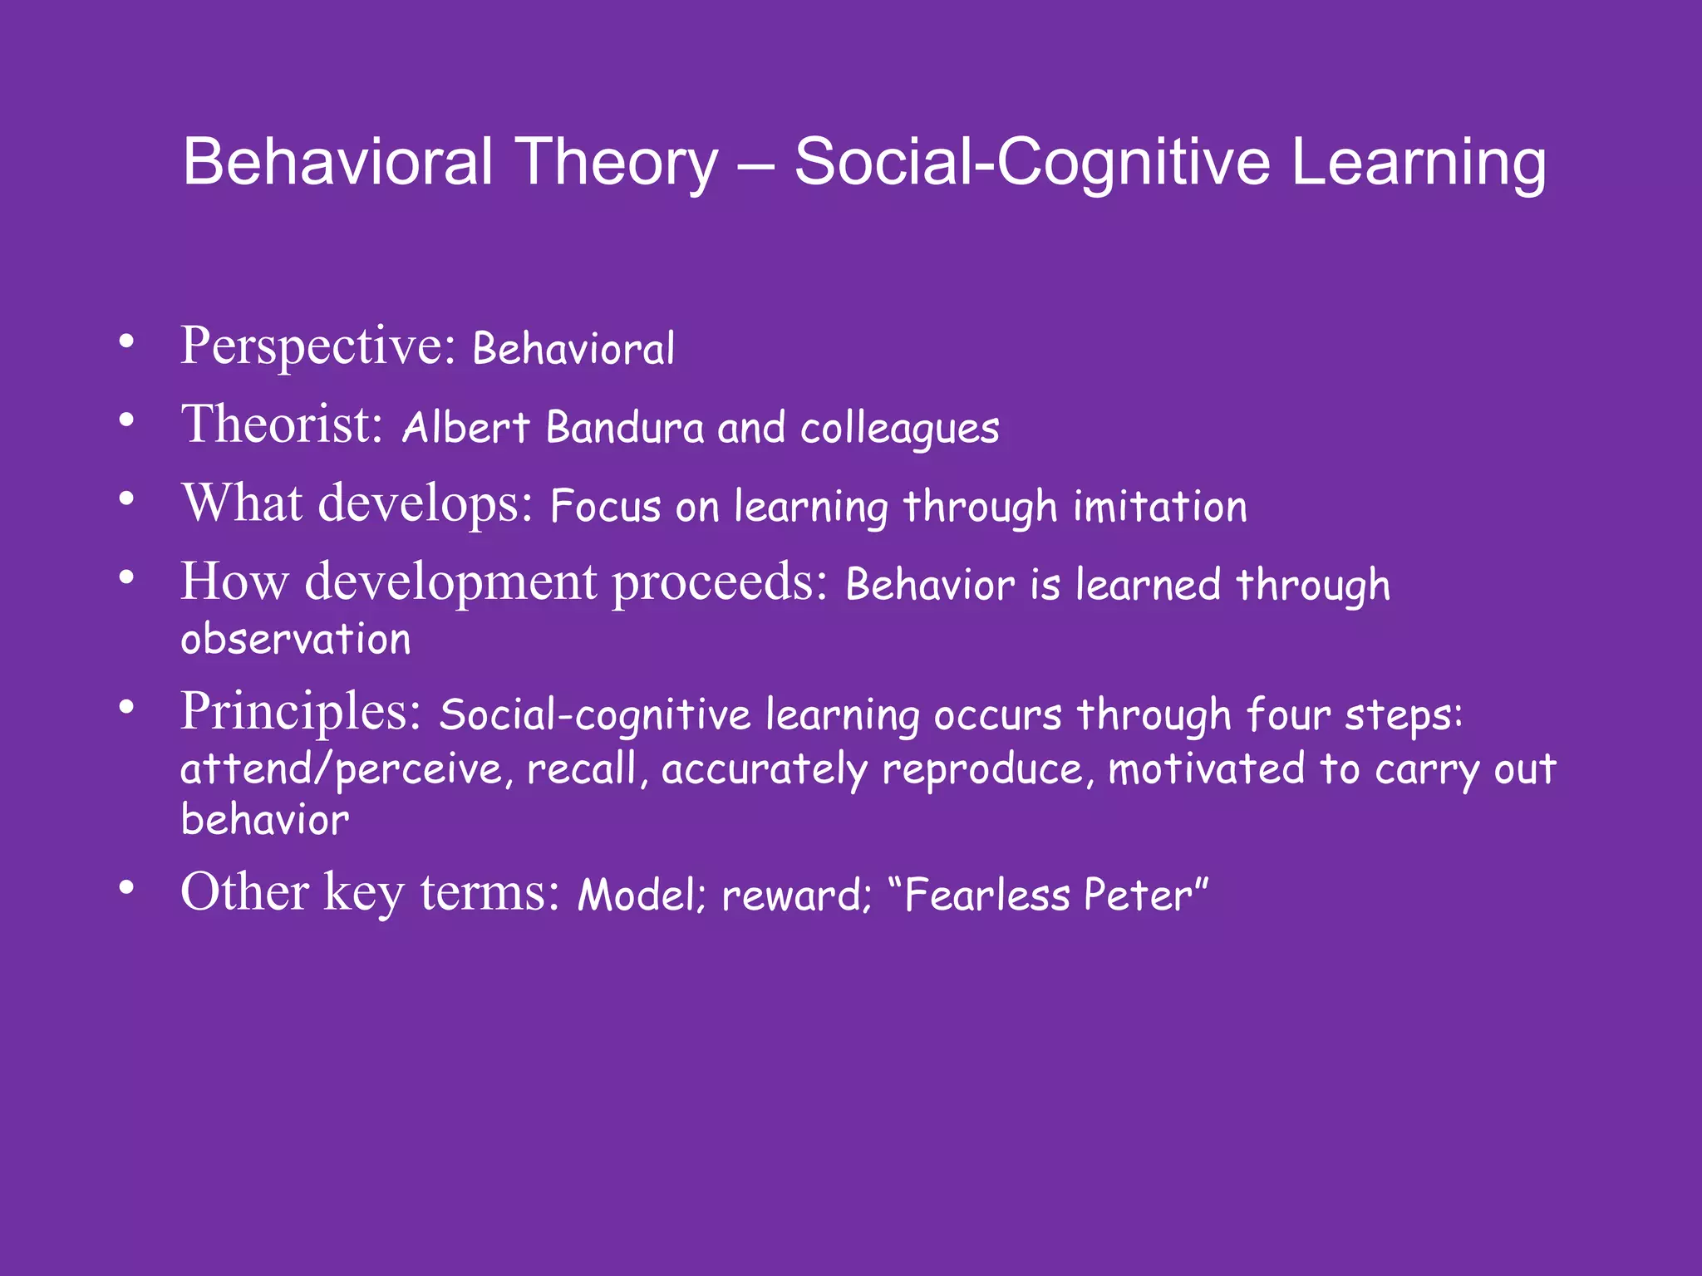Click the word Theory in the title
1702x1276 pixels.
click(x=616, y=164)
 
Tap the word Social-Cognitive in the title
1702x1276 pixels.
click(x=1031, y=162)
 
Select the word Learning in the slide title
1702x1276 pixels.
click(x=1419, y=164)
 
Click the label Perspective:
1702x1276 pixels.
click(x=318, y=346)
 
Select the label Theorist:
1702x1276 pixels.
click(x=283, y=425)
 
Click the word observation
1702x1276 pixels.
click(x=296, y=640)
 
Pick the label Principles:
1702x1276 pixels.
click(x=302, y=712)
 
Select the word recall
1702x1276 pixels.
click(x=582, y=768)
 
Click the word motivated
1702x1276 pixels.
click(x=1206, y=768)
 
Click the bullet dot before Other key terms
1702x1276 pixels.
click(x=126, y=888)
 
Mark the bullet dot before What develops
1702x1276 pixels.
click(x=126, y=499)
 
